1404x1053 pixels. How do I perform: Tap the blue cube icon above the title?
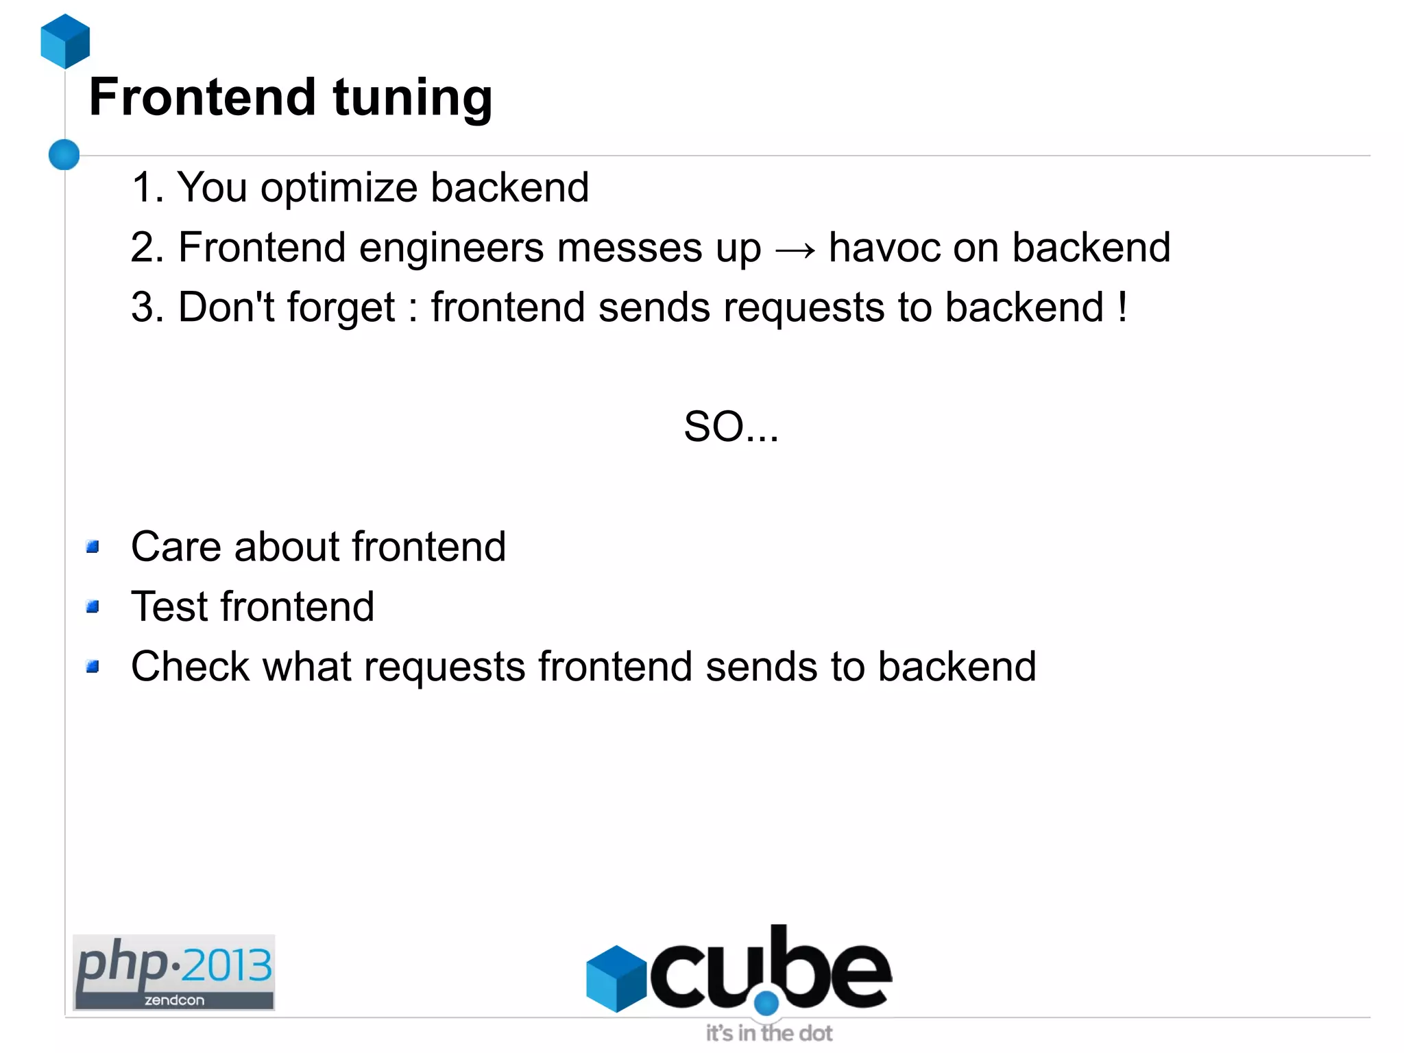[65, 41]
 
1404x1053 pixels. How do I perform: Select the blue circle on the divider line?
[64, 154]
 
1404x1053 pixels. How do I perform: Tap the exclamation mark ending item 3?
[1122, 307]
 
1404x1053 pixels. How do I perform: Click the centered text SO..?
[731, 427]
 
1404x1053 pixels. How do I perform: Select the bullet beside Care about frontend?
[93, 547]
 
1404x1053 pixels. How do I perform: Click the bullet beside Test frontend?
[93, 606]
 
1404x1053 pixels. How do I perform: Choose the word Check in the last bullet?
[190, 666]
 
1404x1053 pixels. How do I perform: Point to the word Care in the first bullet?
[175, 547]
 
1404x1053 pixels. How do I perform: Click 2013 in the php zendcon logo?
[227, 965]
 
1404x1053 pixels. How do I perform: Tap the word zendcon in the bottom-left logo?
[174, 1000]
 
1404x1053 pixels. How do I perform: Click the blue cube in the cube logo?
[616, 978]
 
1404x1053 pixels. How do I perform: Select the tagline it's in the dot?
[769, 1033]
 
